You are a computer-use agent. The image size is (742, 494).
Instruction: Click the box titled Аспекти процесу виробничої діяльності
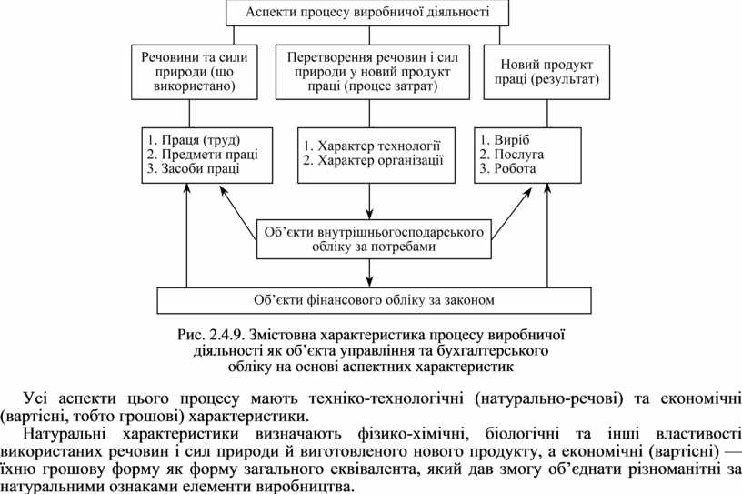[x=367, y=13]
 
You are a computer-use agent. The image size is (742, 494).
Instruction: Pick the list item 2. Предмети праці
[x=202, y=154]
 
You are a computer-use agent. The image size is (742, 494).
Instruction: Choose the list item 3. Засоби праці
[x=194, y=168]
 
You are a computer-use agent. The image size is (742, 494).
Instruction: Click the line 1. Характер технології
[x=372, y=146]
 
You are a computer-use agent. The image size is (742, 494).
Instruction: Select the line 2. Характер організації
[x=373, y=160]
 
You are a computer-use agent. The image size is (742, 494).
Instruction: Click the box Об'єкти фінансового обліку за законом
[x=373, y=299]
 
